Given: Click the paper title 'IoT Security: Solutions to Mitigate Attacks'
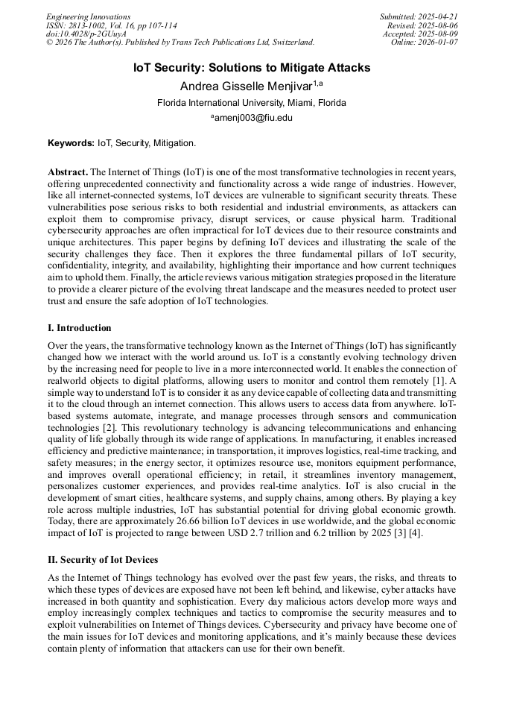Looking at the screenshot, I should (x=252, y=68).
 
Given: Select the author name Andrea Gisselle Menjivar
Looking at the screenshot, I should (x=246, y=86).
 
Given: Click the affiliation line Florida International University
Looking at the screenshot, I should (x=252, y=102).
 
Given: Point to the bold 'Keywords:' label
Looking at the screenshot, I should (x=71, y=142).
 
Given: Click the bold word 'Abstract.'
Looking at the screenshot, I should (x=68, y=171).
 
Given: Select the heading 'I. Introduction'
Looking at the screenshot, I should (x=80, y=328).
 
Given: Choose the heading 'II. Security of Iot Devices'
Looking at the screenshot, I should (x=103, y=560).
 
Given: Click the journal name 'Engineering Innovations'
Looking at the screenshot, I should (x=88, y=16).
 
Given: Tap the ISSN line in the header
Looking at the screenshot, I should (x=112, y=25).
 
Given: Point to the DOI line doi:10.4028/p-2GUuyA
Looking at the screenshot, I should (x=86, y=34).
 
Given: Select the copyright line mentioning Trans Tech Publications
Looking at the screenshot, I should (x=179, y=42).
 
